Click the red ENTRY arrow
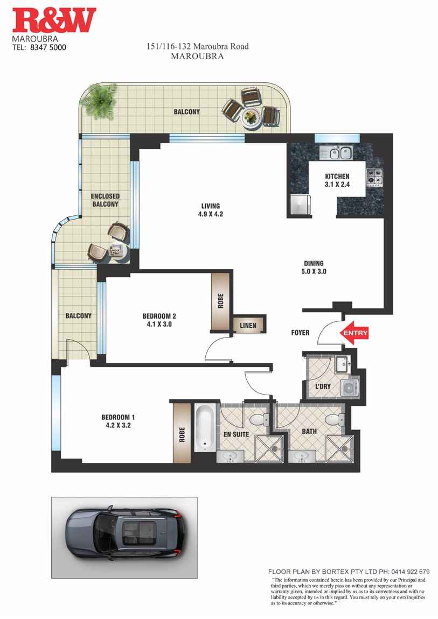355,333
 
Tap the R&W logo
54,21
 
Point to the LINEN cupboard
248,325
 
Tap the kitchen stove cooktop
375,176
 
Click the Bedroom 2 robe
220,301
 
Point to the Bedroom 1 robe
182,433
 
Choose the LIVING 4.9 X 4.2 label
211,210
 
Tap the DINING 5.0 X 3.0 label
313,268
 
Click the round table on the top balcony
250,117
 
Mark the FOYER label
300,333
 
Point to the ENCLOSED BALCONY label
105,200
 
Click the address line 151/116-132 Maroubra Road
198,46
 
